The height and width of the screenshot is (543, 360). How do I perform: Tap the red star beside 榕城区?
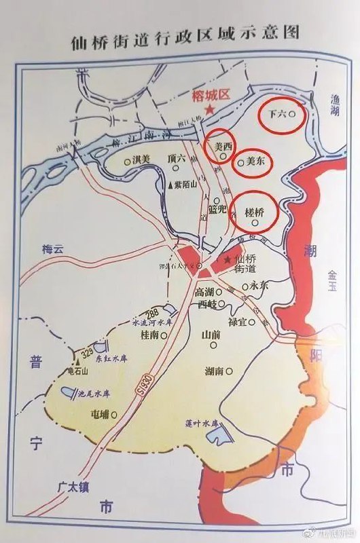211,109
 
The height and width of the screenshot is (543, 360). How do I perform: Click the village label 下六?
277,115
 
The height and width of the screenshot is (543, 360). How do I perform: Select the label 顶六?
177,160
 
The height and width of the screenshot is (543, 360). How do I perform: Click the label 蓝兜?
217,210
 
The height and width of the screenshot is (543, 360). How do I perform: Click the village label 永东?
259,286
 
